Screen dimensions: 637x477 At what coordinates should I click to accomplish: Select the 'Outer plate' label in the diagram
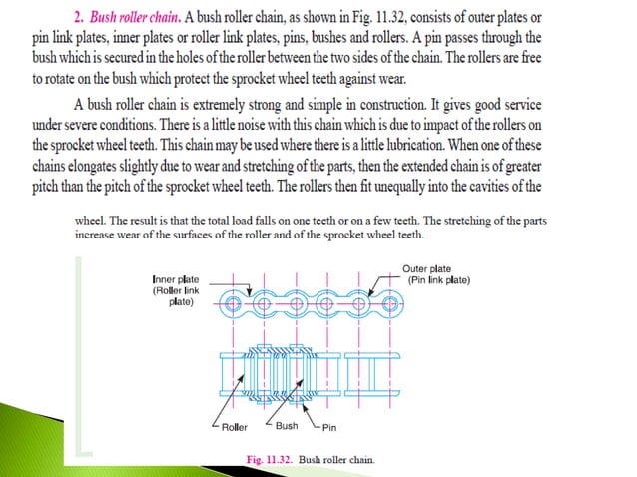tap(426, 268)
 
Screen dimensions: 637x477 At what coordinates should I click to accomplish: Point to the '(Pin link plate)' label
tap(439, 279)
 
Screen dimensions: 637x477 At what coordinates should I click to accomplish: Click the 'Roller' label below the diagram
tap(235, 427)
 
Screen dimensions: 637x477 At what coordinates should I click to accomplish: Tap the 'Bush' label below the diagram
tap(287, 426)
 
